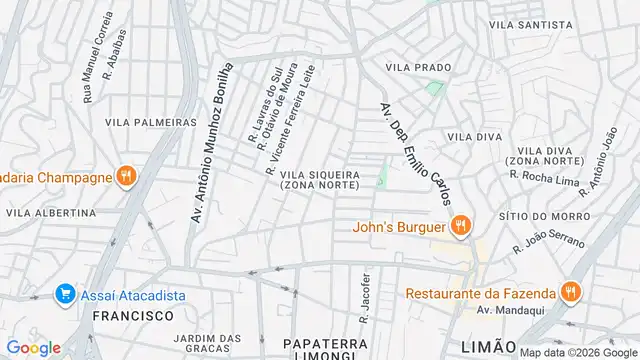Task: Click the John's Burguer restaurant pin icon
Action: point(460,225)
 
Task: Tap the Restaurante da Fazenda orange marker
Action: point(570,293)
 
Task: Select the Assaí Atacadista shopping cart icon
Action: point(66,293)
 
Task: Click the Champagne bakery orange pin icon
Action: point(125,177)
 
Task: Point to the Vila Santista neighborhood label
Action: point(530,24)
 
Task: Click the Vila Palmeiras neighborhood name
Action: point(150,122)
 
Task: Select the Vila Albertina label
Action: point(51,213)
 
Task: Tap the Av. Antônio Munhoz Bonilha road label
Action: point(211,141)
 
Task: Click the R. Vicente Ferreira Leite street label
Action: point(290,129)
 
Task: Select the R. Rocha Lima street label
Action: point(545,176)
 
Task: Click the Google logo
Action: point(33,347)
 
